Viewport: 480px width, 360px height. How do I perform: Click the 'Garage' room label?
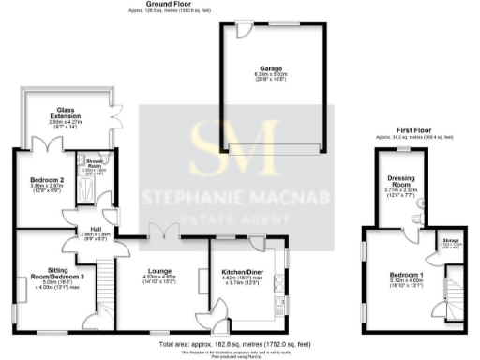click(272, 68)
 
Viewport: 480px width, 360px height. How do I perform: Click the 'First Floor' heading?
click(413, 132)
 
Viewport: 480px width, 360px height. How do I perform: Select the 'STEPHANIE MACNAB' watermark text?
click(238, 197)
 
